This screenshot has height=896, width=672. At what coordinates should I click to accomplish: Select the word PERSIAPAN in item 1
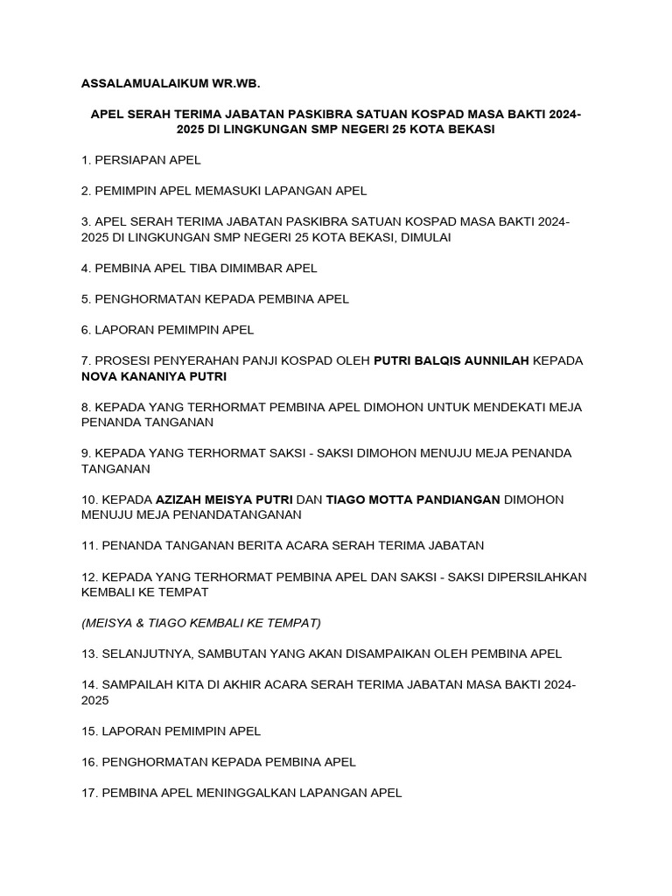coord(131,159)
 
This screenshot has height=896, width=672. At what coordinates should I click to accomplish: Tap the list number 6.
coord(86,330)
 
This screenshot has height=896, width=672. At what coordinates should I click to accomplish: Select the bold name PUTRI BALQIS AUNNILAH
coord(451,360)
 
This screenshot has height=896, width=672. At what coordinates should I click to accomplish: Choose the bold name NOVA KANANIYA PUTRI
coord(154,376)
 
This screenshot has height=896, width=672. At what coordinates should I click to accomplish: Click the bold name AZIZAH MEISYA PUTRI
coord(224,500)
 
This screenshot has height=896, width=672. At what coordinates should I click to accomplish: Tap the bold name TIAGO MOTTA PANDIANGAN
coord(413,500)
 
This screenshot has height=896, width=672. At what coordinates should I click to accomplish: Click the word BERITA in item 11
coord(258,546)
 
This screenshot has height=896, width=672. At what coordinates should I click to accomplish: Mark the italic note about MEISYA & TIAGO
coord(201,623)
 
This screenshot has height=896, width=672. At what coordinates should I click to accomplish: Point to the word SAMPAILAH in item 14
coord(140,685)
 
